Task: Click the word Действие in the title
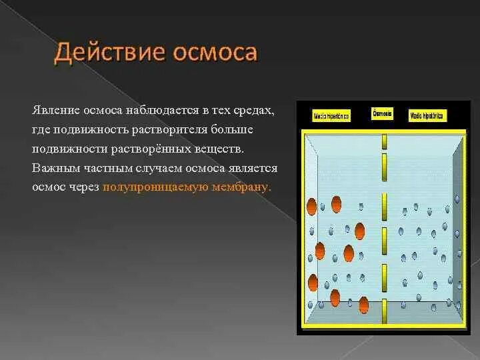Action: coord(104,53)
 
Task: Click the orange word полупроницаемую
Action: coord(155,187)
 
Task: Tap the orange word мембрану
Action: coord(241,187)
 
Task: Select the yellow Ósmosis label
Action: coord(383,114)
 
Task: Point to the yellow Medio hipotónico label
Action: coord(427,116)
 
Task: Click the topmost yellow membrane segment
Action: coord(384,141)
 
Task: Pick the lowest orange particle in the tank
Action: coord(363,305)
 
